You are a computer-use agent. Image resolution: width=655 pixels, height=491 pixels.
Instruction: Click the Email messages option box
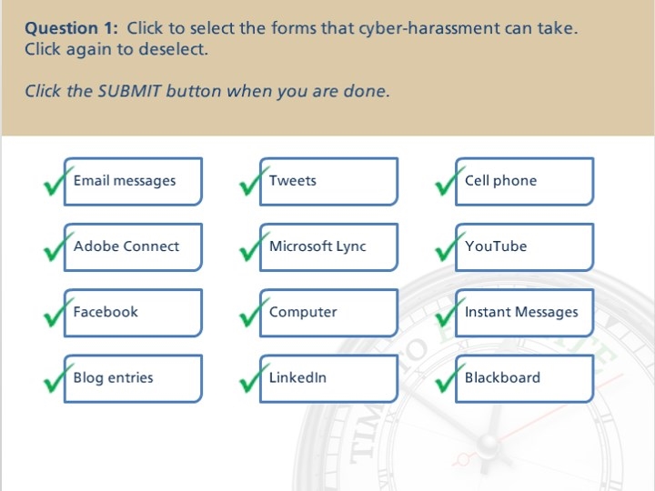(x=133, y=182)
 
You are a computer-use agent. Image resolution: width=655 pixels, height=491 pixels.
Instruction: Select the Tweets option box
(x=328, y=182)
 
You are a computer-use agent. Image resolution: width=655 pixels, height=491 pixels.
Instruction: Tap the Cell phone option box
(x=525, y=182)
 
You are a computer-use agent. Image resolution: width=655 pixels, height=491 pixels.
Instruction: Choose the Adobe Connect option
(x=133, y=247)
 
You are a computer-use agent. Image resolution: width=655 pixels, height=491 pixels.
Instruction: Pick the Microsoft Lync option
(x=328, y=247)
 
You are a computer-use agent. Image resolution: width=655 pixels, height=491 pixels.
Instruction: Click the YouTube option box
(x=525, y=247)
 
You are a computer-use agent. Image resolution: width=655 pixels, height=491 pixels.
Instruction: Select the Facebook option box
(x=133, y=313)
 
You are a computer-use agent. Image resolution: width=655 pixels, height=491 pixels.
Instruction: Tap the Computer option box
(x=328, y=313)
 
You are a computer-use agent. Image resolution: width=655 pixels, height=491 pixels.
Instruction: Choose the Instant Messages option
(x=525, y=313)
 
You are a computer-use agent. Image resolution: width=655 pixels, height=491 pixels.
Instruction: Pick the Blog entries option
(x=133, y=378)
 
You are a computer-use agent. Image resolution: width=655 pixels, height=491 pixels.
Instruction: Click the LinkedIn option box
(x=328, y=378)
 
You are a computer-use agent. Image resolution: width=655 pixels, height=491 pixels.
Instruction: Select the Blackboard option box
(x=525, y=378)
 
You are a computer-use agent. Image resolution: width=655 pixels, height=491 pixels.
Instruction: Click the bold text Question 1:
(x=72, y=28)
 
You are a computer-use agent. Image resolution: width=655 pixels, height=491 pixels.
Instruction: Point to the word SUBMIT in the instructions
(x=129, y=91)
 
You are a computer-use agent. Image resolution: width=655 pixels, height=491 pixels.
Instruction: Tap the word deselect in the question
(x=173, y=49)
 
